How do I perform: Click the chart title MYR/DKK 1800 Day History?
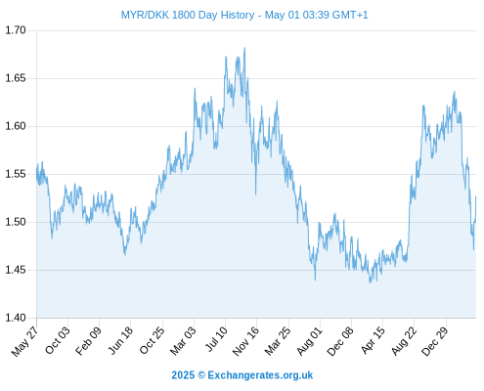pos(188,15)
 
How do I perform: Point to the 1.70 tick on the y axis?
pos(16,30)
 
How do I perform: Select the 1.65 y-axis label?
pos(16,78)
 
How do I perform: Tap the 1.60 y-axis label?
pos(16,126)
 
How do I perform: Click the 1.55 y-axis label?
pos(16,174)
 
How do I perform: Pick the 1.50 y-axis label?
pos(16,222)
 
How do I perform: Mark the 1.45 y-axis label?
pos(16,270)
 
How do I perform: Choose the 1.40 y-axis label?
pos(16,318)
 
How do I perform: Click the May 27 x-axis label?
pos(24,341)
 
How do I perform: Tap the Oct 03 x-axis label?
pos(58,340)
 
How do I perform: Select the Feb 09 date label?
pos(88,340)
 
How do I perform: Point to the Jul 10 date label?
pos(216,338)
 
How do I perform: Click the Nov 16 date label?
pos(245,341)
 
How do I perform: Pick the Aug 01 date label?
pos(310,341)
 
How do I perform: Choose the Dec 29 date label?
pos(435,341)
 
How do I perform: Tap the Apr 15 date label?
pos(374,340)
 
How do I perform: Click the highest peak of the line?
pos(244,48)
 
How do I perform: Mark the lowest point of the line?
pos(370,282)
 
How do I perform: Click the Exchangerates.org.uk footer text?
pos(260,375)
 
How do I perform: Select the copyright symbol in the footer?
pos(201,375)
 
